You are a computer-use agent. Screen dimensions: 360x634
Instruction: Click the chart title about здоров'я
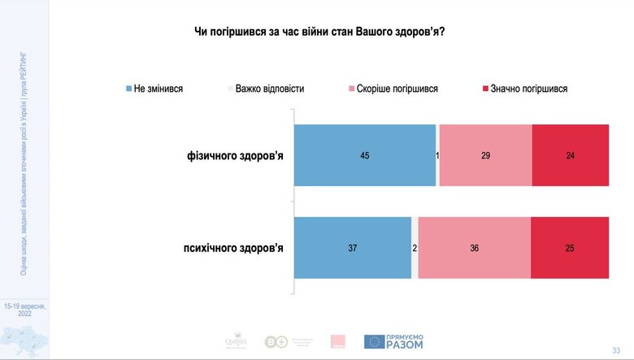(323, 32)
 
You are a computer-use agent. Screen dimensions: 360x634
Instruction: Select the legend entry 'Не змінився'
(154, 88)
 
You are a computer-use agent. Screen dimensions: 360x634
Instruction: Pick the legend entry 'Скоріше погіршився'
(393, 88)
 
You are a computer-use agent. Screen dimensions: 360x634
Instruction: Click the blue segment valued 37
(353, 248)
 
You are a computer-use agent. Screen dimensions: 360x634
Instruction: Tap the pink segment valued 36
(475, 248)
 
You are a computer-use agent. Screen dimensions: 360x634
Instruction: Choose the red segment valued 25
(570, 248)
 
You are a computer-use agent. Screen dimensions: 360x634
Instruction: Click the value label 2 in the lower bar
(415, 248)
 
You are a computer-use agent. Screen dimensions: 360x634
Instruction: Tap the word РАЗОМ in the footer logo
(405, 345)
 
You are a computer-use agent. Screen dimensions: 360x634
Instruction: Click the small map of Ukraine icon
(24, 340)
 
